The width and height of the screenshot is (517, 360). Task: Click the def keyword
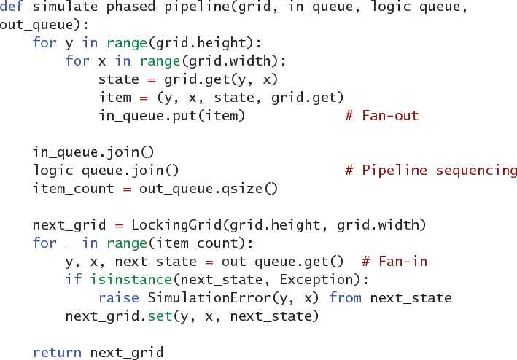pyautogui.click(x=12, y=8)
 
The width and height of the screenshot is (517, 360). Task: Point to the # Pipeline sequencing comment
pyautogui.click(x=431, y=171)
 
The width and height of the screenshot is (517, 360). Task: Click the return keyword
pyautogui.click(x=57, y=353)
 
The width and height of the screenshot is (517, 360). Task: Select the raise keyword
pyautogui.click(x=118, y=298)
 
